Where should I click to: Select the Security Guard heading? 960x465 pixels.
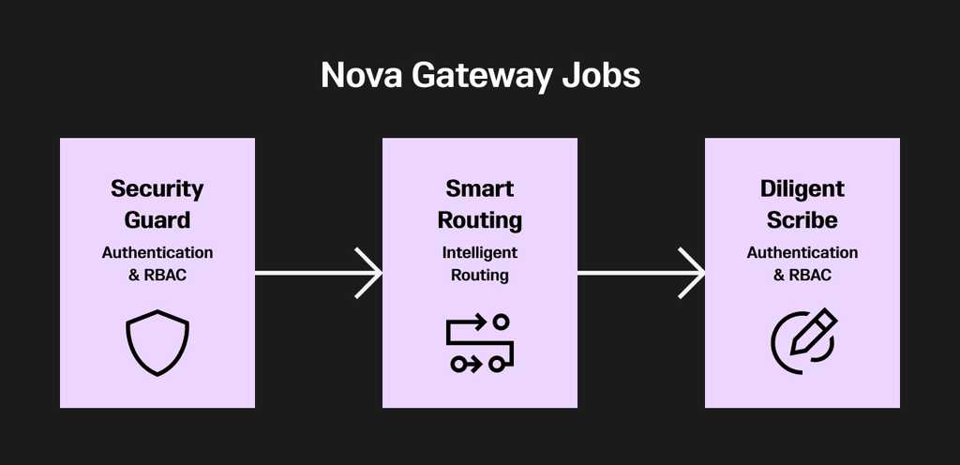click(157, 204)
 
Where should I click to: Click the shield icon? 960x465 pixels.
click(157, 342)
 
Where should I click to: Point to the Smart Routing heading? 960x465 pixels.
click(480, 204)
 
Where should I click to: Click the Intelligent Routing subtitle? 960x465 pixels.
click(480, 263)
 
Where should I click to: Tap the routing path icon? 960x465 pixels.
click(480, 343)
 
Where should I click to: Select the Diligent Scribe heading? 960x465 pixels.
click(802, 204)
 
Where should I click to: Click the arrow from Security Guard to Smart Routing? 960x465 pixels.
click(319, 273)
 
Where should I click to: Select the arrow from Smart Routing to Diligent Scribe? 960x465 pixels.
click(641, 273)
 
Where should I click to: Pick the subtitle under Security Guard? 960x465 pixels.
click(157, 263)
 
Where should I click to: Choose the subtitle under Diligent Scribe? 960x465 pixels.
click(802, 263)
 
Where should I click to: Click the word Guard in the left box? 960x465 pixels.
click(157, 220)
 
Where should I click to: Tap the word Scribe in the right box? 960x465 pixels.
click(802, 220)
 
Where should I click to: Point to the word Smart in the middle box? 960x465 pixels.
click(480, 188)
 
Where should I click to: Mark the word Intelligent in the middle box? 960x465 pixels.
click(480, 252)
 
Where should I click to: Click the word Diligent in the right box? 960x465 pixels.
click(802, 188)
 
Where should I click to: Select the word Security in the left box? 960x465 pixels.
click(157, 188)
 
